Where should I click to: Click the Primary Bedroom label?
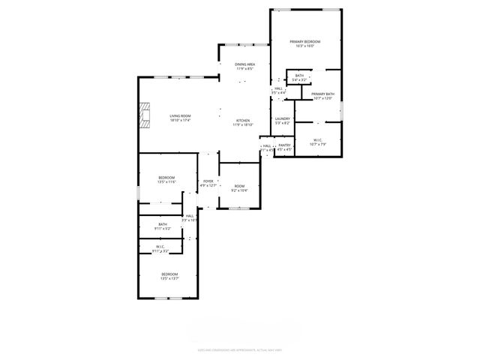307,41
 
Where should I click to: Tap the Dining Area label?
244,64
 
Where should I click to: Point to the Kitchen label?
244,121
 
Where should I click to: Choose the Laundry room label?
282,118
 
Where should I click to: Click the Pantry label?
285,145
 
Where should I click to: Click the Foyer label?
208,181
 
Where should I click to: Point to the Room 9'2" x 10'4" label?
239,186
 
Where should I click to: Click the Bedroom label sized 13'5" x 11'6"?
166,178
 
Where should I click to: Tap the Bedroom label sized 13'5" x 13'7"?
170,274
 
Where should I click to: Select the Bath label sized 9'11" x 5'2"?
162,224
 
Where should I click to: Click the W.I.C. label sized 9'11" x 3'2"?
160,247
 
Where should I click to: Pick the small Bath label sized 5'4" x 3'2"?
299,76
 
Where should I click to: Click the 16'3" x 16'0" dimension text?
307,46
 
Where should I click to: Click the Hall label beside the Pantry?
267,145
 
